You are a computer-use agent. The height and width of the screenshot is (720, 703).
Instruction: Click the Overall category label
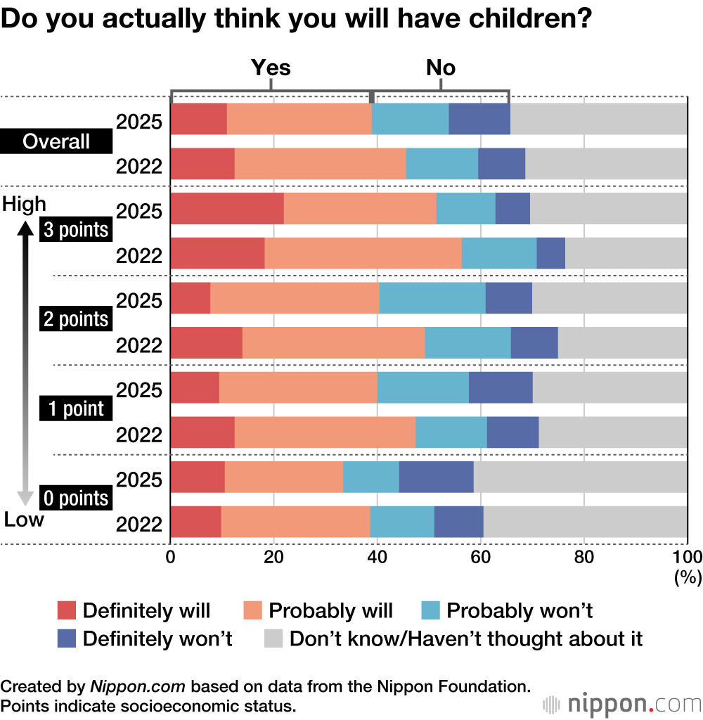[x=56, y=141]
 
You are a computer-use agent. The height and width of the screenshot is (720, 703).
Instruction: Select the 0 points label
[x=75, y=499]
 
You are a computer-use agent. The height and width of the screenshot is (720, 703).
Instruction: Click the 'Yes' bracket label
[x=271, y=67]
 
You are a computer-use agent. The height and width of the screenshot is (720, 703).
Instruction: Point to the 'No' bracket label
[x=441, y=67]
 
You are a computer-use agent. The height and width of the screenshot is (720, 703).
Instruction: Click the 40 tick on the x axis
[x=377, y=557]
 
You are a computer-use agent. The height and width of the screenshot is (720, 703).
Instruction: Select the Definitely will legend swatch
[x=66, y=610]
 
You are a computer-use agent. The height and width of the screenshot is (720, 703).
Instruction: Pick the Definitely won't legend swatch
[x=66, y=638]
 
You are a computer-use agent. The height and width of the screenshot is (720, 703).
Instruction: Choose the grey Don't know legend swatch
[x=273, y=638]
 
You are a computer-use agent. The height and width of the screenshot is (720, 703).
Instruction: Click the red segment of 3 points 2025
[x=227, y=208]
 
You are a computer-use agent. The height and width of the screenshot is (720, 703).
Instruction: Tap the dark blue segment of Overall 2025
[x=479, y=119]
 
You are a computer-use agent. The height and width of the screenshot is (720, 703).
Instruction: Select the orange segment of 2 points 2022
[x=334, y=342]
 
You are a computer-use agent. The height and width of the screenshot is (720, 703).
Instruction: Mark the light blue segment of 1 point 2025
[x=423, y=387]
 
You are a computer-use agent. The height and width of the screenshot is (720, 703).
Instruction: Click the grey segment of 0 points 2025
[x=581, y=477]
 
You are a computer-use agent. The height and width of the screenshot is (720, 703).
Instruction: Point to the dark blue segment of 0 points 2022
[x=459, y=522]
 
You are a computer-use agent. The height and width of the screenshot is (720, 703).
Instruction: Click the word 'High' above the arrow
[x=25, y=204]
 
